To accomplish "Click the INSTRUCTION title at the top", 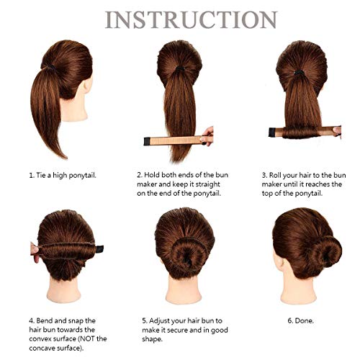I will click(180, 19).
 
